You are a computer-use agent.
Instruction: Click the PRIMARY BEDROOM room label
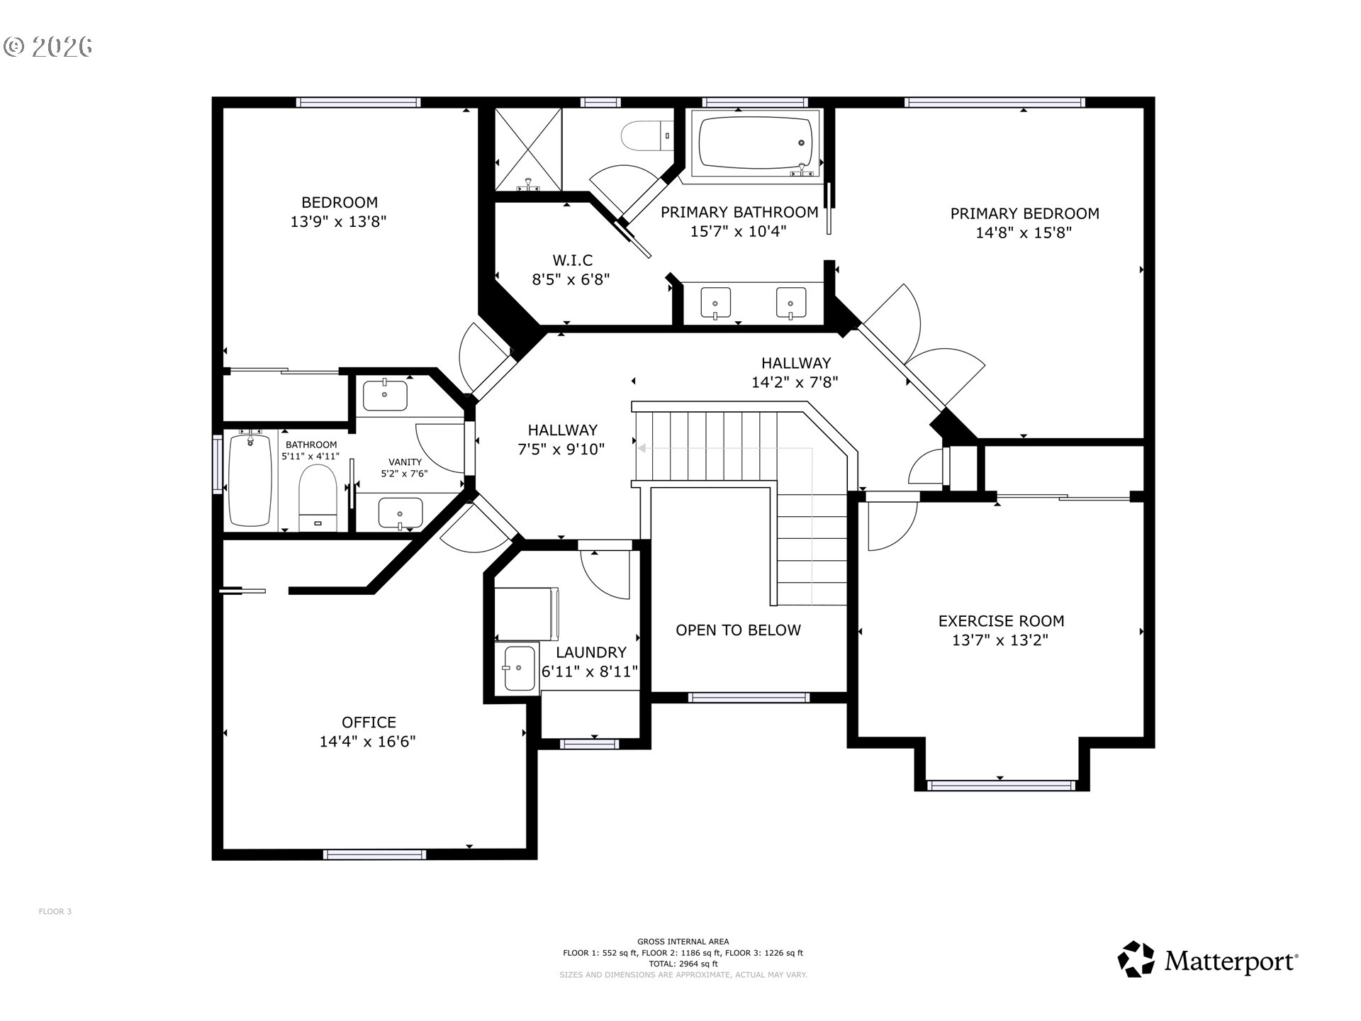[x=1024, y=213]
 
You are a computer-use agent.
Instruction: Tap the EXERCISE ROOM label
[x=1001, y=621]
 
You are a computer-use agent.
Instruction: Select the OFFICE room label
[x=369, y=722]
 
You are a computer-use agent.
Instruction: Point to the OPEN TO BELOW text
[x=738, y=630]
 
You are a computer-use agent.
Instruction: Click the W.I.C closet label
[x=572, y=260]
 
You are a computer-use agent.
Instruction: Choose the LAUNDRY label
[x=591, y=652]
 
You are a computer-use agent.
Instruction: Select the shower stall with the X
[x=528, y=150]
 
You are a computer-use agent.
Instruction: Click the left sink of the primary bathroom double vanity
[x=715, y=303]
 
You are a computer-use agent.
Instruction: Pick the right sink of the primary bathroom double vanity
[x=790, y=303]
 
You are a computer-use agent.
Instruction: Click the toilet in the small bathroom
[x=317, y=497]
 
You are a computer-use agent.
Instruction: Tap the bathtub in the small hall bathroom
[x=250, y=480]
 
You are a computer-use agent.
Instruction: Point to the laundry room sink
[x=520, y=668]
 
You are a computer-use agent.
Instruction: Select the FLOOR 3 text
[x=55, y=912]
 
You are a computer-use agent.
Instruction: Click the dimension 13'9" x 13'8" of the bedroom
[x=338, y=222]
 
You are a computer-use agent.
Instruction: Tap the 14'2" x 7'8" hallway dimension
[x=795, y=383]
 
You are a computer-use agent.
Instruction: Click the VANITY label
[x=405, y=462]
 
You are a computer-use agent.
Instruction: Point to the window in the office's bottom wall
[x=375, y=854]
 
